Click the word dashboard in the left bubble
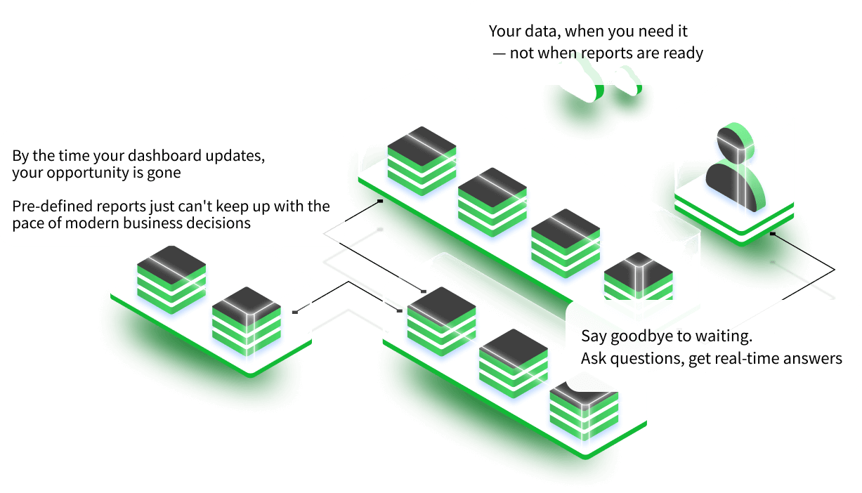click(x=174, y=155)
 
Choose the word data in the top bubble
click(x=541, y=32)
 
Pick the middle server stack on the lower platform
click(x=514, y=361)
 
